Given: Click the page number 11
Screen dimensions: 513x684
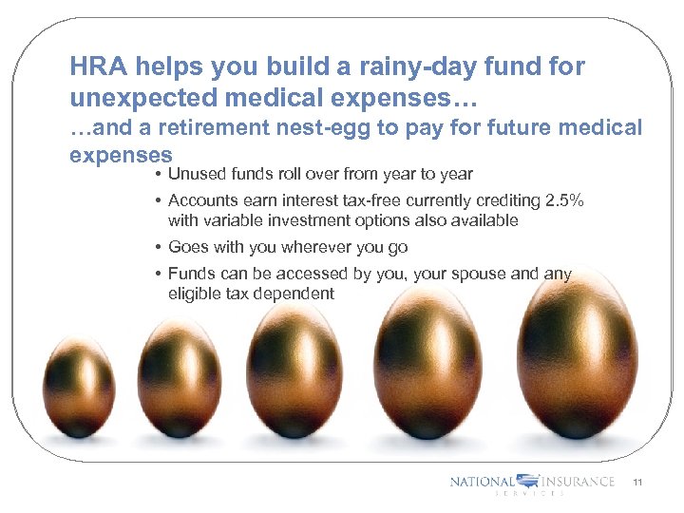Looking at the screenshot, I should (x=637, y=483).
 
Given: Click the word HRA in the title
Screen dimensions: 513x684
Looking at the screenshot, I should (x=98, y=67).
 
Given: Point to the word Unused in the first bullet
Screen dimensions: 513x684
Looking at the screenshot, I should (x=195, y=174).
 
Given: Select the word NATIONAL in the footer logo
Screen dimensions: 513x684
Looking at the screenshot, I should (x=482, y=482).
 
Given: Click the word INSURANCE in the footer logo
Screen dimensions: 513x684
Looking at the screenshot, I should (x=579, y=482).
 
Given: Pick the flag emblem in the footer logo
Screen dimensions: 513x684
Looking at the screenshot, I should (x=529, y=482).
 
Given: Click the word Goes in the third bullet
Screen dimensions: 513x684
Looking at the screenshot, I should (x=187, y=247).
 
